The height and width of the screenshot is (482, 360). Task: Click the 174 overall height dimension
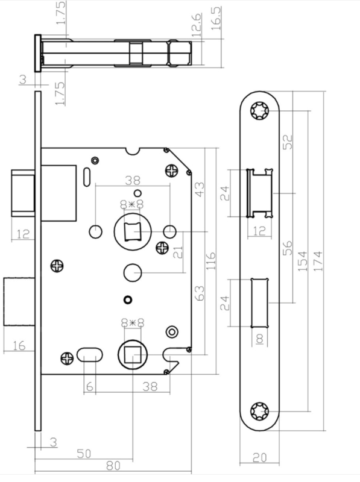318,261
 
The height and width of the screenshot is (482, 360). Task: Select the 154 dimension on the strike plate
303,261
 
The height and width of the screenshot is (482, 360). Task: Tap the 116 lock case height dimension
210,261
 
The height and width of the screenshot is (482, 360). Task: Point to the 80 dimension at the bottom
113,466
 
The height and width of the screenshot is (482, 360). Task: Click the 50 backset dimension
84,454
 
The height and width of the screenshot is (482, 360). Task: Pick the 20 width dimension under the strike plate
260,458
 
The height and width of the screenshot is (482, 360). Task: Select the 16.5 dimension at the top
216,18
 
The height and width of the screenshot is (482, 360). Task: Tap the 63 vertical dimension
200,293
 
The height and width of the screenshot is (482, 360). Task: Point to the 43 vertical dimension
200,189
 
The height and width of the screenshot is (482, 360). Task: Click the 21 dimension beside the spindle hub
178,252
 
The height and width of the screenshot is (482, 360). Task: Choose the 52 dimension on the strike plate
288,142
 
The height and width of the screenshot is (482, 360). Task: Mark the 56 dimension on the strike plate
287,248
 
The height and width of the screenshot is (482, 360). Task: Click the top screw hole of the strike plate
260,111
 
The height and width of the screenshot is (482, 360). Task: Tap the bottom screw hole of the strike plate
260,410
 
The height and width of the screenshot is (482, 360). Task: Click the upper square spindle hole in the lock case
132,231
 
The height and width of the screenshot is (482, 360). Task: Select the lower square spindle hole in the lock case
133,354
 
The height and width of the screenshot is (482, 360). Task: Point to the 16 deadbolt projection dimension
19,345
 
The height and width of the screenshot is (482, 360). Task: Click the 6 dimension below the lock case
89,386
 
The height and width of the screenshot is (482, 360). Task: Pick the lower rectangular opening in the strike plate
260,303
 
